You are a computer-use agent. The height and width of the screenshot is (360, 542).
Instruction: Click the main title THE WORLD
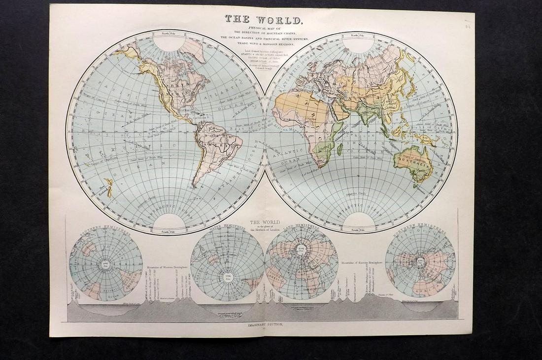point(263,20)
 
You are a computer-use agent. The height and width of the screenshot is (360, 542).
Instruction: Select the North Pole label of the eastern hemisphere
point(358,35)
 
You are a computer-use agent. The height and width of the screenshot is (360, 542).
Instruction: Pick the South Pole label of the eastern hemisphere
point(358,230)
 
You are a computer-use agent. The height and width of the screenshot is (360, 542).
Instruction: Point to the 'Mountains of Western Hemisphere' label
point(169,271)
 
